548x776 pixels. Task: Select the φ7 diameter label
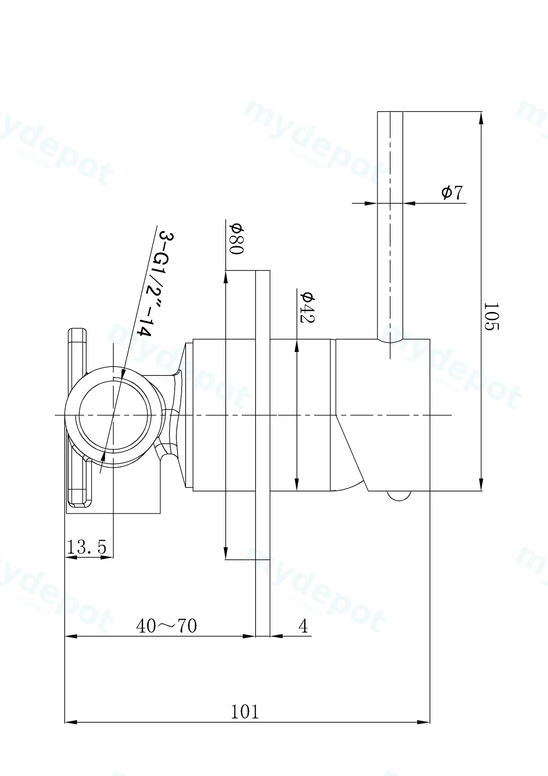(x=452, y=192)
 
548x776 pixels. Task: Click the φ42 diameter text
(x=307, y=307)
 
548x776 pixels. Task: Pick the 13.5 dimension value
(x=87, y=547)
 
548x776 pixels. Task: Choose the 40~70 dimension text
(x=167, y=626)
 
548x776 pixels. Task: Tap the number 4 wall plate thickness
(x=303, y=626)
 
